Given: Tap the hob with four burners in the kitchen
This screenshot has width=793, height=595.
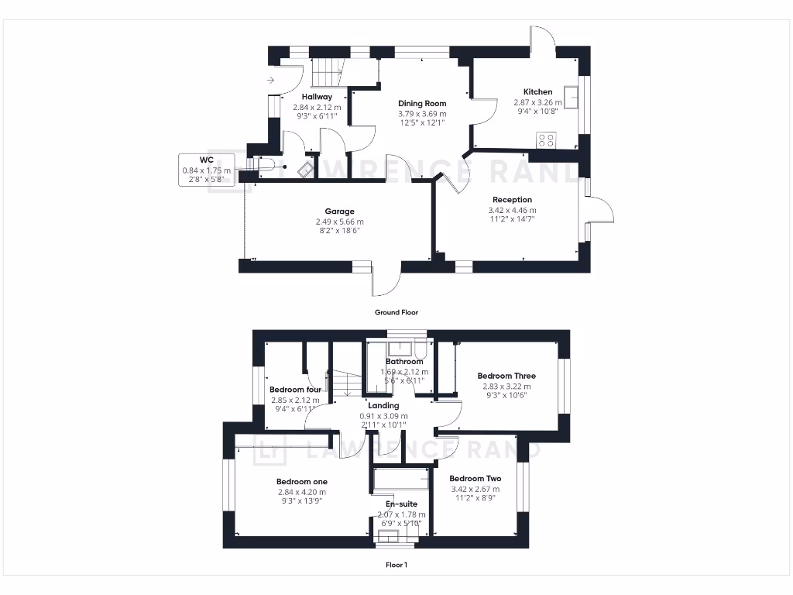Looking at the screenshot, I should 546,140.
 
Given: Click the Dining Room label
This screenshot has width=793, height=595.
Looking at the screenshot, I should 422,103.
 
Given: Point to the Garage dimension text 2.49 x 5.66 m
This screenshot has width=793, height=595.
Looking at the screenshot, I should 339,221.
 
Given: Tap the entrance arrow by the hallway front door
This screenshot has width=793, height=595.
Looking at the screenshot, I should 269,80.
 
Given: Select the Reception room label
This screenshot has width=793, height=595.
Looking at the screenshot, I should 512,200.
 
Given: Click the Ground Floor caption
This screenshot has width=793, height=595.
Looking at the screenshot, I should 396,312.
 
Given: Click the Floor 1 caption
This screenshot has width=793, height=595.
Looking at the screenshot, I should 396,565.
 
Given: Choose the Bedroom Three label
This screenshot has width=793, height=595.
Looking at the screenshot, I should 506,376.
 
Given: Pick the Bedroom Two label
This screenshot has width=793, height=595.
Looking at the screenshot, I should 475,478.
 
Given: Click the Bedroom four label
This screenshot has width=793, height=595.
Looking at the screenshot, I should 295,390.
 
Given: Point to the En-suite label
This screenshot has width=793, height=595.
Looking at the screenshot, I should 401,504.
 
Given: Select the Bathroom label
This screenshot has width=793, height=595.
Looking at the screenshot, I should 404,362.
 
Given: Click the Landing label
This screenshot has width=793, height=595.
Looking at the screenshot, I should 383,405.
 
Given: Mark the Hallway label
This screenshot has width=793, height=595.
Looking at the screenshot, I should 317,97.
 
